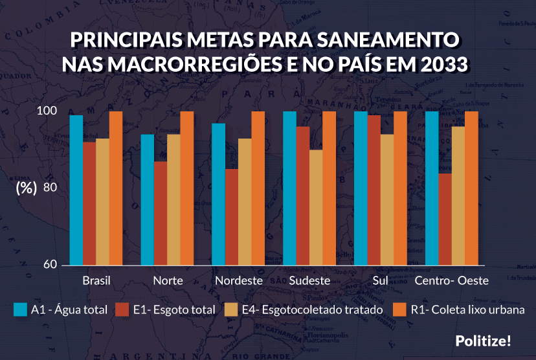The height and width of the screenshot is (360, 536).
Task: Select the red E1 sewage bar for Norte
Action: click(161, 213)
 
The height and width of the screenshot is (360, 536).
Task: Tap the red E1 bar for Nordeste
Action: click(232, 217)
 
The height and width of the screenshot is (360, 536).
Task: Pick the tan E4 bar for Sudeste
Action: click(316, 207)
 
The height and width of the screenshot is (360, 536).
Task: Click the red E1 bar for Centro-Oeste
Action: click(445, 219)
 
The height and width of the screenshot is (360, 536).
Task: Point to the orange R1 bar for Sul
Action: click(400, 188)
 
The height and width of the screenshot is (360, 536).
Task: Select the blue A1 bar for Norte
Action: click(148, 199)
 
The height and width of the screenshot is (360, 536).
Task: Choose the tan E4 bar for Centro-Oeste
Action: click(458, 196)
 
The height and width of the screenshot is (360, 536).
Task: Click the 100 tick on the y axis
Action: click(50, 111)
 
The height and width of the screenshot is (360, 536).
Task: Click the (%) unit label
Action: click(26, 188)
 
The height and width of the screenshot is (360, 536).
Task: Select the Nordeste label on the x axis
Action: click(238, 281)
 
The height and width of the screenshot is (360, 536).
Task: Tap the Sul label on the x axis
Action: click(381, 281)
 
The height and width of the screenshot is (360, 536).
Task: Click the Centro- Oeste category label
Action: click(451, 281)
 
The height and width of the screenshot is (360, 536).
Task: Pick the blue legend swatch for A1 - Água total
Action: click(20, 310)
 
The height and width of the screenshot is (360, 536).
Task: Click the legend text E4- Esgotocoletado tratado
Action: click(312, 310)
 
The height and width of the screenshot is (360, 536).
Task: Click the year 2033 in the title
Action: click(439, 65)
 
